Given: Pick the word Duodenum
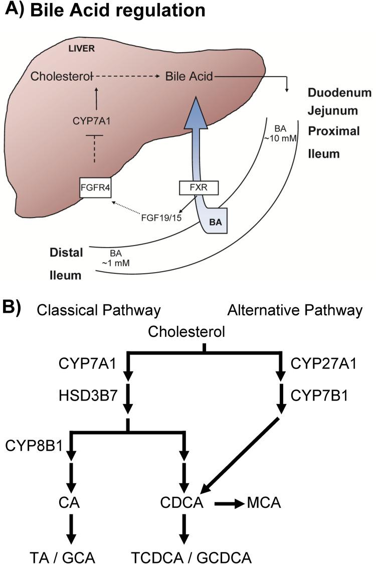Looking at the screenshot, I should tap(339, 93).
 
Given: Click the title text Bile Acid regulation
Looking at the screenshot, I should tap(117, 12).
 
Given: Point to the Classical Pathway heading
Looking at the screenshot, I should tap(98, 310).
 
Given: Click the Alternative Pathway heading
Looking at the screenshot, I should tap(295, 310).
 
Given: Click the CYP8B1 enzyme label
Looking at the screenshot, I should tap(34, 444).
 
